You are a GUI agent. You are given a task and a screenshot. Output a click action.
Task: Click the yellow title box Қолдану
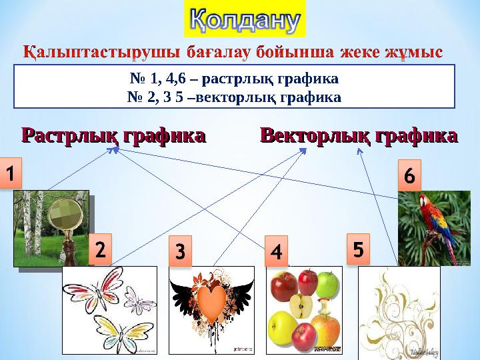click(244, 19)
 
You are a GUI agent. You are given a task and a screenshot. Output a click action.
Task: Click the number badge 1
click(11, 173)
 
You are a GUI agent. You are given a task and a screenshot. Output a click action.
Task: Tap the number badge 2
click(99, 251)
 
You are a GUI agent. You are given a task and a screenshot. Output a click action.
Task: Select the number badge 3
click(179, 253)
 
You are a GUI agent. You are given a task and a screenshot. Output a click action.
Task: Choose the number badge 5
click(358, 249)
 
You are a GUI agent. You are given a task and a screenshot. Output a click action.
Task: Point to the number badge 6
click(410, 176)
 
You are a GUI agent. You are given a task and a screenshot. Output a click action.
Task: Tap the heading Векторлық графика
click(359, 137)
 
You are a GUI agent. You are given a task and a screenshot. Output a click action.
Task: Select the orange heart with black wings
click(211, 303)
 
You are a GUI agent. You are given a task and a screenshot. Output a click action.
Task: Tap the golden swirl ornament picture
click(399, 309)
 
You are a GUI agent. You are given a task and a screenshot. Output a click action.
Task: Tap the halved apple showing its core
click(301, 308)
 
